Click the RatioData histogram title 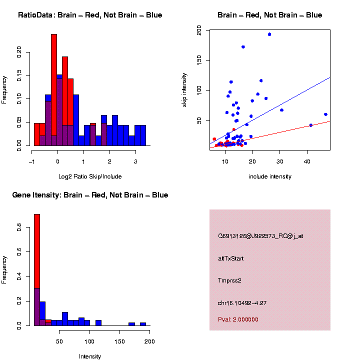[x=90, y=15]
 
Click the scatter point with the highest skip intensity [x=269, y=34]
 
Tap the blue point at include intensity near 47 [x=325, y=114]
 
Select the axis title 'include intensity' [x=269, y=176]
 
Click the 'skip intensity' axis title [x=184, y=89]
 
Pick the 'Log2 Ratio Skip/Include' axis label [x=90, y=176]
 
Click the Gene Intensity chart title [x=90, y=195]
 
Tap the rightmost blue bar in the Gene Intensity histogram [x=143, y=324]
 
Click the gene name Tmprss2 [x=229, y=280]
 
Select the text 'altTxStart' [x=230, y=258]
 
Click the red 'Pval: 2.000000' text [x=238, y=319]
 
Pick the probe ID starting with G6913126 [x=260, y=236]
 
